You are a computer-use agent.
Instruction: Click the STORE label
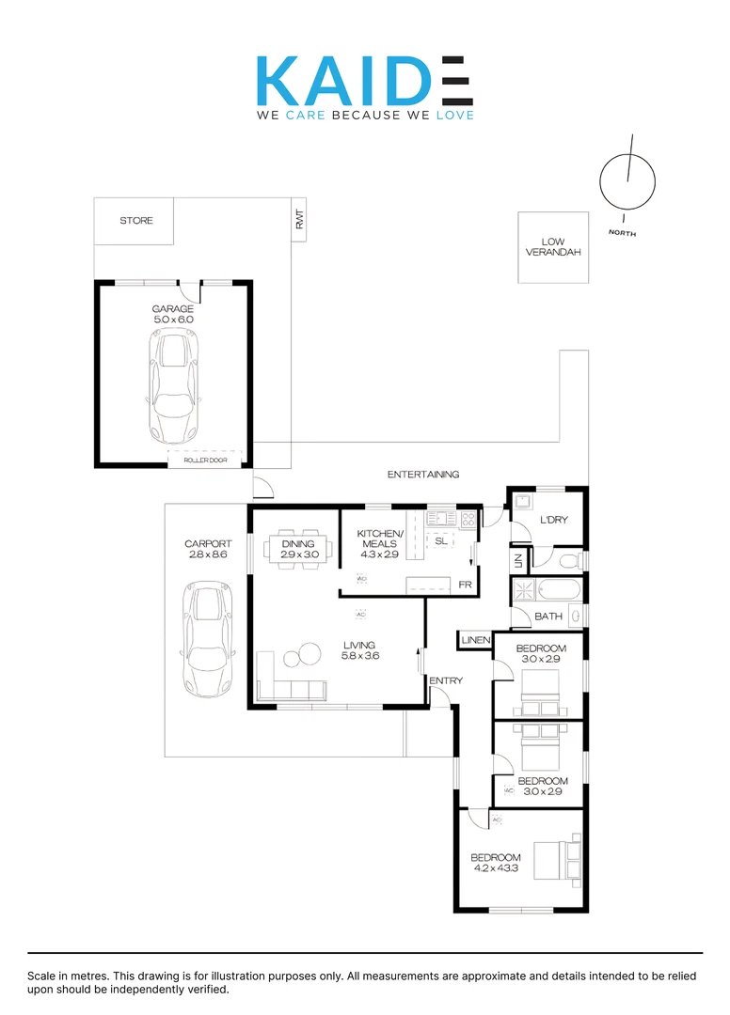(x=135, y=221)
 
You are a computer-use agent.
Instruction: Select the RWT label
(x=299, y=220)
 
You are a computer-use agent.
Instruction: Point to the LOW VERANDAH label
(x=553, y=247)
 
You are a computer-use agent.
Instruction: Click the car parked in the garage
(x=173, y=388)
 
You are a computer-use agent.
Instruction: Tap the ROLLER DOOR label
(x=205, y=461)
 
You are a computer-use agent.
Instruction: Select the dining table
(x=298, y=548)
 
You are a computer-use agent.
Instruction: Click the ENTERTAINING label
(x=423, y=475)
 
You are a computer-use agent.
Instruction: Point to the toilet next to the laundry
(x=569, y=562)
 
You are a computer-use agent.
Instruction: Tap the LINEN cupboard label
(x=475, y=641)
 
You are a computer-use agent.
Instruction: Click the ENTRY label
(x=445, y=680)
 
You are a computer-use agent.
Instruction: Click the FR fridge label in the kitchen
(x=464, y=585)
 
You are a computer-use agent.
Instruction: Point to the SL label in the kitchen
(x=440, y=540)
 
